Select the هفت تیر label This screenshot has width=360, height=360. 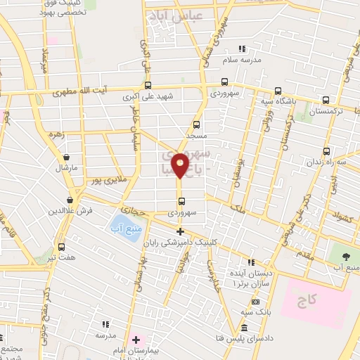61,258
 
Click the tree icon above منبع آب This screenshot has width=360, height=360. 346,255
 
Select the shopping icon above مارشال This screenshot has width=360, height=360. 66,157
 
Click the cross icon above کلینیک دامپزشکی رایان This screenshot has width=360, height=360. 180,231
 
